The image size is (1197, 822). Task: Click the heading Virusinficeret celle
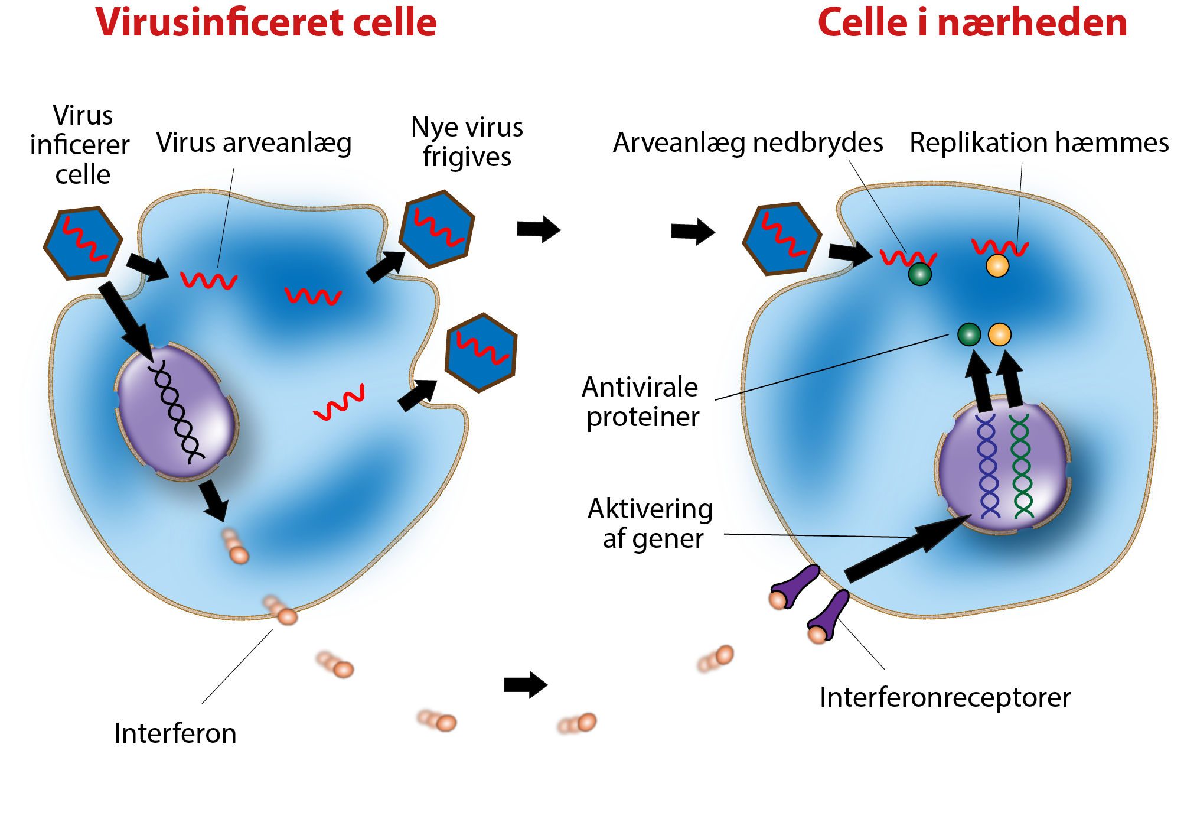(266, 24)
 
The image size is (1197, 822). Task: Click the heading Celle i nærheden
(972, 24)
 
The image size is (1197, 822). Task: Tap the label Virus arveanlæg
(254, 144)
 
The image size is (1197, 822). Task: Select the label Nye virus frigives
(467, 142)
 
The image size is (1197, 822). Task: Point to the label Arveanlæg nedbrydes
(748, 143)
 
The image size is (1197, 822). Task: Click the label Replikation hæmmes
(1039, 143)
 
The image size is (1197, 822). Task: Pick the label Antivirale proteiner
(641, 402)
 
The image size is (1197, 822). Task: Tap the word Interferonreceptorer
(945, 698)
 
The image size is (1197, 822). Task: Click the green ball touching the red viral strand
(919, 274)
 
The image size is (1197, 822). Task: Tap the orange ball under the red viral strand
(997, 266)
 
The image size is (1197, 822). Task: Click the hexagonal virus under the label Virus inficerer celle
(83, 242)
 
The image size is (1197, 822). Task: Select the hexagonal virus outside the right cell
(781, 239)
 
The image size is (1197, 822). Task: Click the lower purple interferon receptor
(829, 618)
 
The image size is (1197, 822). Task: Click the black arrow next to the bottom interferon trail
(525, 685)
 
